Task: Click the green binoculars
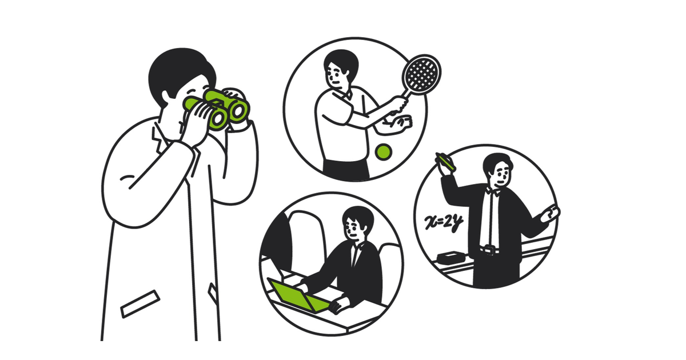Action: pos(217,108)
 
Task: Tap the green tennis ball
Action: pos(384,152)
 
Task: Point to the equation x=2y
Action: pos(443,222)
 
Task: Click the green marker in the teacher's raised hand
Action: pos(446,162)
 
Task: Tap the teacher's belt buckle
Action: pos(490,250)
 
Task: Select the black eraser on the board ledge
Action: pos(451,257)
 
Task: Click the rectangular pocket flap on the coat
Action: pos(140,304)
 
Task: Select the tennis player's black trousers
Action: pos(346,170)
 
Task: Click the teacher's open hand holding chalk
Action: pos(551,213)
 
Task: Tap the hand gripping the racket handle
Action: pos(400,105)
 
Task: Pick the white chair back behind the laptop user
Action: pos(306,242)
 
